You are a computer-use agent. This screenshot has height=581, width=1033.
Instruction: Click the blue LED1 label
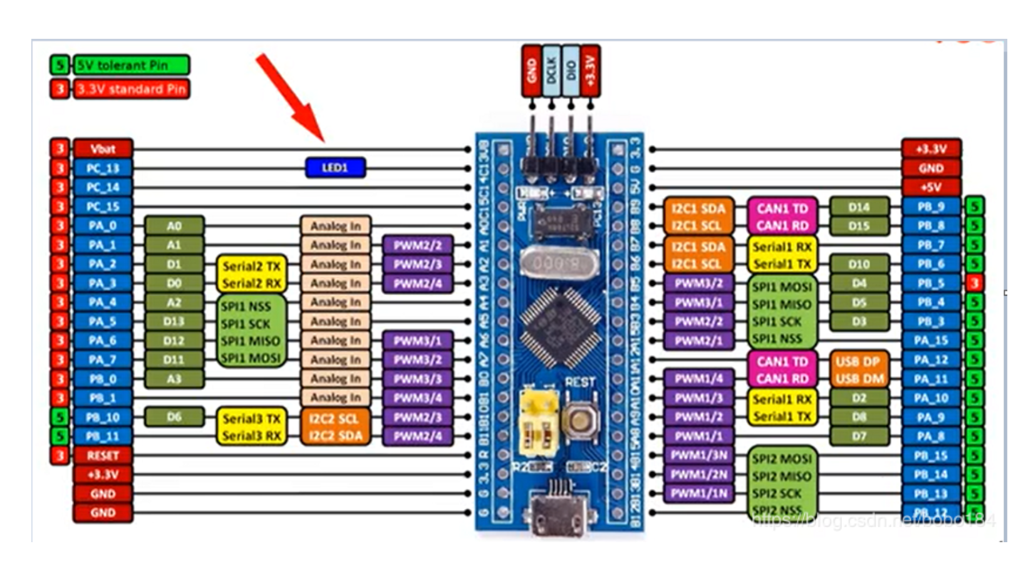point(335,168)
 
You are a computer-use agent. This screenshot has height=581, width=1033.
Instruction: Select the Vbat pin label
point(103,149)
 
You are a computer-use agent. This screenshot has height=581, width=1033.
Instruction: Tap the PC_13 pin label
point(103,168)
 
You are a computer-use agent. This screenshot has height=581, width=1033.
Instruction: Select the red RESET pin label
point(103,455)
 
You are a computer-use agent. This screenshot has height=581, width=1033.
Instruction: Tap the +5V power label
point(931,187)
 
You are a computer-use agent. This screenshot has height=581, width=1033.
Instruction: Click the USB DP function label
point(858,362)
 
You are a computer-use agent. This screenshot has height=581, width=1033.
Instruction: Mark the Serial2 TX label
point(251,266)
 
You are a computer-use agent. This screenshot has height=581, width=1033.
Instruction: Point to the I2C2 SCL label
point(335,418)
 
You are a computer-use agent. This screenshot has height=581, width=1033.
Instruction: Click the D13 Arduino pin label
point(174,321)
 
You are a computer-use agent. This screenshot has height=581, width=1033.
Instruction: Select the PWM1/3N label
point(698,455)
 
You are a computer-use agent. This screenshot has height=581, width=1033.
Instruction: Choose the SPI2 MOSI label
point(781,459)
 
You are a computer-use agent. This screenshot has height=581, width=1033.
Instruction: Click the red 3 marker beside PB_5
point(974,283)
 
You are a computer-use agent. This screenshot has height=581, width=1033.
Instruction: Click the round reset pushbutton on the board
point(580,418)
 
